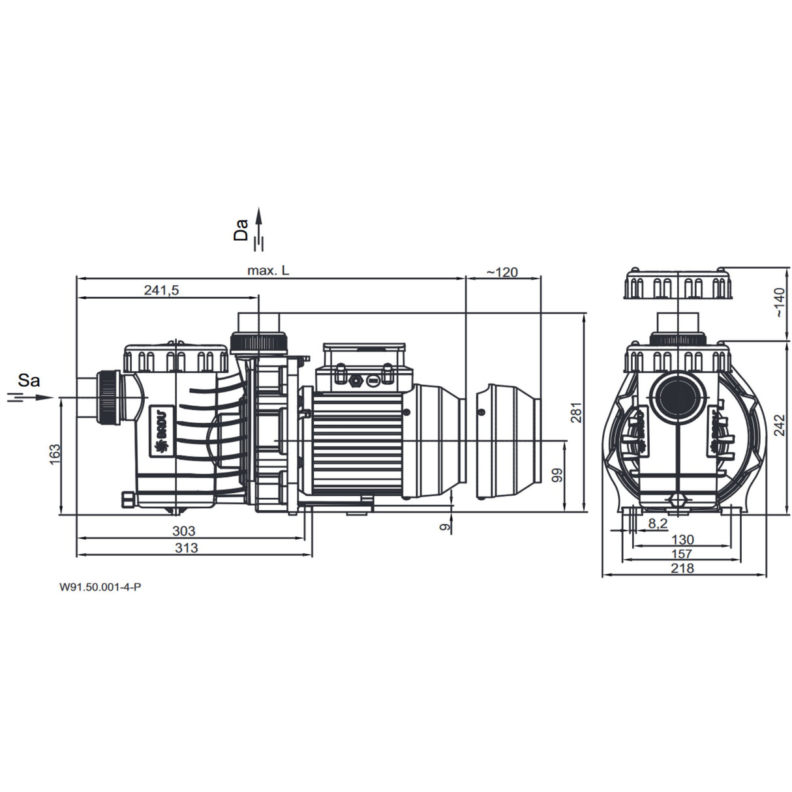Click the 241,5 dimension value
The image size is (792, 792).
(162, 290)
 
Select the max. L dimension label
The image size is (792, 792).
(268, 271)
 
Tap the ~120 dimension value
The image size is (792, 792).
(502, 271)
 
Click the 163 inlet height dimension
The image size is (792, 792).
(55, 454)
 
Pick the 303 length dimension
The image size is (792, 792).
(184, 531)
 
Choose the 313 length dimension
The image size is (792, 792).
(187, 548)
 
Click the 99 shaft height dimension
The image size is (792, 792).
(557, 475)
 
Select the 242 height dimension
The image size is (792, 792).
(780, 425)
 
